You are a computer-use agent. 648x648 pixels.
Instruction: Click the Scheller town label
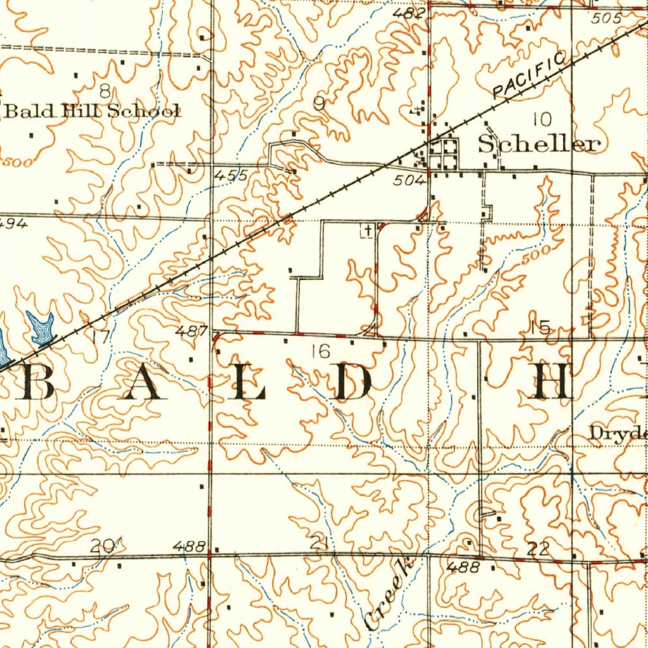tap(538, 144)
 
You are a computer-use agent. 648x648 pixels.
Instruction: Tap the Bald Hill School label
tap(92, 111)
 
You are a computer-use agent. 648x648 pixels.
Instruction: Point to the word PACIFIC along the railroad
tap(529, 76)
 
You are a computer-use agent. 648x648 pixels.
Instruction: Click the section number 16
tap(321, 351)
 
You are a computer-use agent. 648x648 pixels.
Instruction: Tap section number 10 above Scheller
tap(542, 118)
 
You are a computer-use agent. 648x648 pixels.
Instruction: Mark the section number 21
tap(318, 542)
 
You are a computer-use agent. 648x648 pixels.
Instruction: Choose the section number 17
tap(100, 336)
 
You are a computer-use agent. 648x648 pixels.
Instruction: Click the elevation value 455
tap(230, 175)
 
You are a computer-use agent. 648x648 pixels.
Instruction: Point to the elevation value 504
tap(408, 181)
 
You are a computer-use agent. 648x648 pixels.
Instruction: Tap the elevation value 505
tap(608, 18)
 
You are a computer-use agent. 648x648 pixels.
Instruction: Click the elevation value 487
tap(191, 330)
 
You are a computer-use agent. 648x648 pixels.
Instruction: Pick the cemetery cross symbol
tap(366, 232)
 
